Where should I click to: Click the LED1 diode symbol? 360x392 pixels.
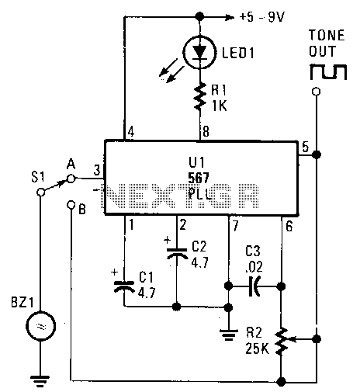tap(199, 53)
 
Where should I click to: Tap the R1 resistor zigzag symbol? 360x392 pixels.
tap(199, 96)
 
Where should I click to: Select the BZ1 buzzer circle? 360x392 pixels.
tap(40, 326)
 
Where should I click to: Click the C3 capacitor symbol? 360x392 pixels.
tap(254, 286)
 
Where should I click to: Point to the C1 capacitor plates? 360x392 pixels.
tap(124, 286)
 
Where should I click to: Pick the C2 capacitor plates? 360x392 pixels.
tap(177, 253)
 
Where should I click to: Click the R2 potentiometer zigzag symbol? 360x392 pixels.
tap(282, 341)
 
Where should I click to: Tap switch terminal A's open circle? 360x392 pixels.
tap(71, 179)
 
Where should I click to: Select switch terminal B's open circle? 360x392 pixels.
tap(71, 205)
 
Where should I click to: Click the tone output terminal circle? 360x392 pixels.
tap(316, 92)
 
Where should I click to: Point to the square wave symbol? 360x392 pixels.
tap(328, 71)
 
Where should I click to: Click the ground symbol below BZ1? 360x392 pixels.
tap(40, 380)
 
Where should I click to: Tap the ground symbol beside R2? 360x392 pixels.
tap(228, 335)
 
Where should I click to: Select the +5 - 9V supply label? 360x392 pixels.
tap(261, 17)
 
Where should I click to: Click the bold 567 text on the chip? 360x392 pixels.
tap(199, 178)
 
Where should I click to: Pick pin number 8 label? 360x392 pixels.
tap(206, 132)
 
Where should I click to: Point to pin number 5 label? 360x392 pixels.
tap(306, 147)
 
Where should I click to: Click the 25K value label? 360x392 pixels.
tap(258, 349)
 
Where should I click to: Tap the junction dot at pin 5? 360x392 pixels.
tap(317, 154)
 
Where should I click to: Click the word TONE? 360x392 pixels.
tap(327, 36)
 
